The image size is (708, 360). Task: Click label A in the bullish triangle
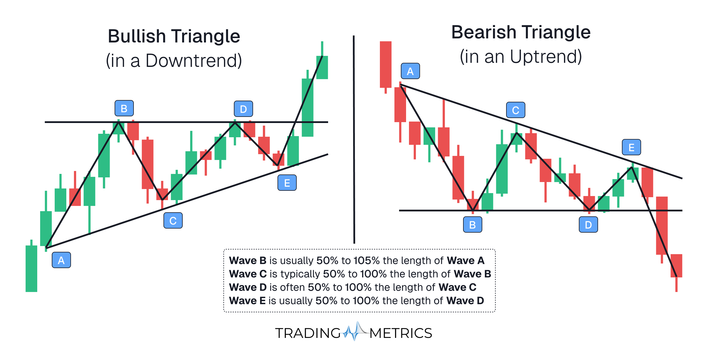pos(61,260)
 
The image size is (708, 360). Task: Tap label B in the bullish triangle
pos(124,108)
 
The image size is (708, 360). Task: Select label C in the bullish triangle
pos(173,221)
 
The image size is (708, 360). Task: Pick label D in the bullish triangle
pos(243,109)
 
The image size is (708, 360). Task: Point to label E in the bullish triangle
pos(287,183)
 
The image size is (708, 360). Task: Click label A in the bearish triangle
pos(410,71)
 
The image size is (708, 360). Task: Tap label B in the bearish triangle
pos(472,225)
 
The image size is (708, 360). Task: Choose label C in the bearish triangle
pos(515,110)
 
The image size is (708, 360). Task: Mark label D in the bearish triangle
pos(588,225)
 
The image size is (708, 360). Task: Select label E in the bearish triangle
pos(631,147)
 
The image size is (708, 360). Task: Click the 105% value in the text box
pos(367,261)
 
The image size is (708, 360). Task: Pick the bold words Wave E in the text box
pos(247,301)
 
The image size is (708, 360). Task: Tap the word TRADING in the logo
pos(308,333)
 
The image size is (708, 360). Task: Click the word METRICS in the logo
pos(401,333)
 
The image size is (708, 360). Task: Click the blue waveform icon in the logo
pos(355,332)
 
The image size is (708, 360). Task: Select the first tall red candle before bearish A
pos(385,65)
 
